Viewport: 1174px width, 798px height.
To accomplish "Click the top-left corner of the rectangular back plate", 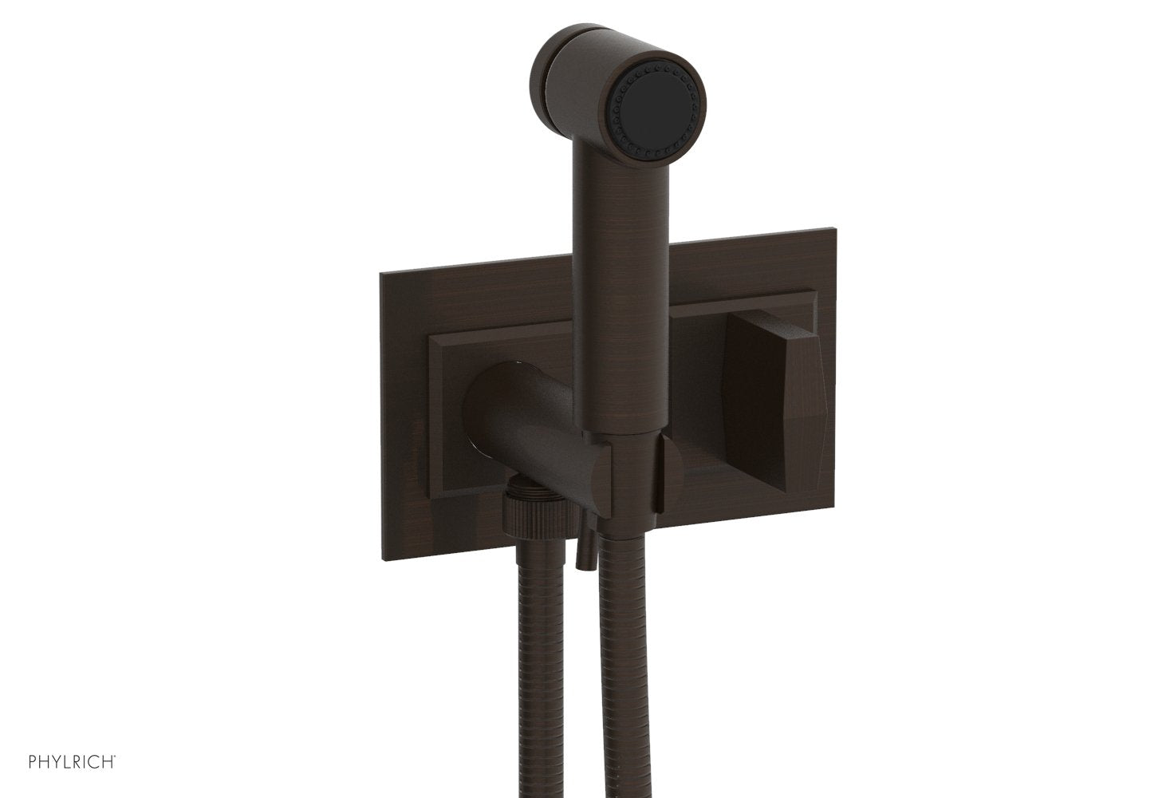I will pyautogui.click(x=380, y=272).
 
